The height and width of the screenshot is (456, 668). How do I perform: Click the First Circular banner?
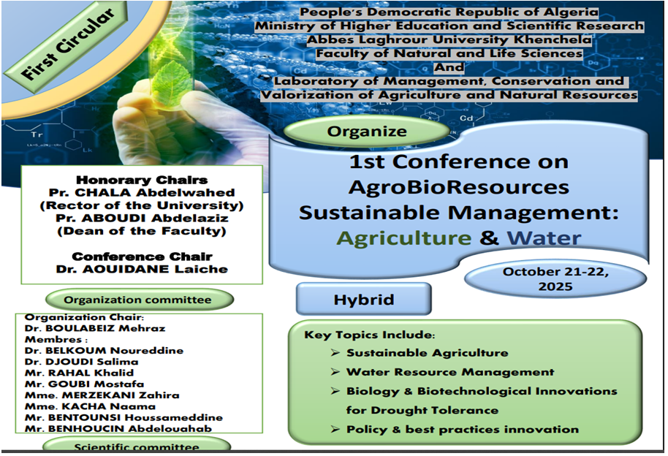[65, 46]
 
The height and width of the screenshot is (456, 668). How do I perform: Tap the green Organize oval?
[367, 131]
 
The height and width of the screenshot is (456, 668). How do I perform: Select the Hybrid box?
[364, 299]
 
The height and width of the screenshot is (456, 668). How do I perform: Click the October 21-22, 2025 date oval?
[555, 279]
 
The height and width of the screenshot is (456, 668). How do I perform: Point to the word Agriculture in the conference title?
[404, 237]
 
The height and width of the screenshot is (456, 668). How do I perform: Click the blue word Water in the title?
[544, 237]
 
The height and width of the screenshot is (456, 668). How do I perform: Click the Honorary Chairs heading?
[142, 180]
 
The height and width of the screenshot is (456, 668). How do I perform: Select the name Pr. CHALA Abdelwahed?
[142, 193]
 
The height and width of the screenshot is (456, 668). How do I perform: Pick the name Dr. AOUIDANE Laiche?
[142, 270]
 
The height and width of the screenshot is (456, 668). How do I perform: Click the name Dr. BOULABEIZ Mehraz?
[95, 328]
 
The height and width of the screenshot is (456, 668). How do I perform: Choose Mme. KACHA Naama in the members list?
[91, 406]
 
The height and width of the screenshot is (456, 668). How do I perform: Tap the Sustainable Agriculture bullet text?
[428, 353]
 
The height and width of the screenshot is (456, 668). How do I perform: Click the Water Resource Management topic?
[450, 372]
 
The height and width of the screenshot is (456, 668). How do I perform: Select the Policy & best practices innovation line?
[463, 429]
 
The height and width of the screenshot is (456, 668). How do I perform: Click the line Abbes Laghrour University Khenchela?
[449, 39]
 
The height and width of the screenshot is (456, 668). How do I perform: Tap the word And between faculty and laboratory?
[449, 67]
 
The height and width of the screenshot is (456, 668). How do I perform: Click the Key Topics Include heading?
[369, 335]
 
